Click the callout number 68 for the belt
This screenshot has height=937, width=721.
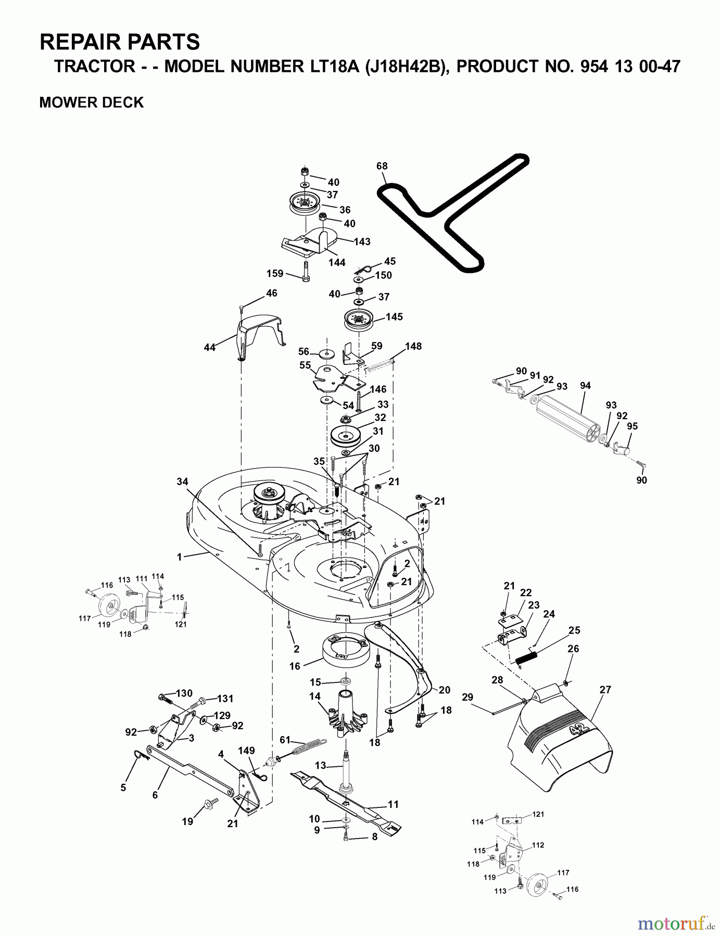tap(382, 166)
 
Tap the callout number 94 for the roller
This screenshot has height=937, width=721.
tap(585, 386)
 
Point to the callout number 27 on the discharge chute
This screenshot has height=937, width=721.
tap(605, 690)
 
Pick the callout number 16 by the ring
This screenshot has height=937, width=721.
tap(295, 666)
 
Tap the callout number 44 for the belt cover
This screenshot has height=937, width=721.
tap(209, 347)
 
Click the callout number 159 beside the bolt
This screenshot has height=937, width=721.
tap(275, 273)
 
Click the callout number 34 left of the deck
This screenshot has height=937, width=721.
tap(182, 482)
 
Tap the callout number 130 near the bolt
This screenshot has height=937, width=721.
tap(184, 693)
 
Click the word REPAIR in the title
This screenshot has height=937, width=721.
tap(79, 42)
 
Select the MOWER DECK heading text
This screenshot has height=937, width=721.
tap(92, 103)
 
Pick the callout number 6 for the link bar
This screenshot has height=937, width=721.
tap(155, 795)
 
